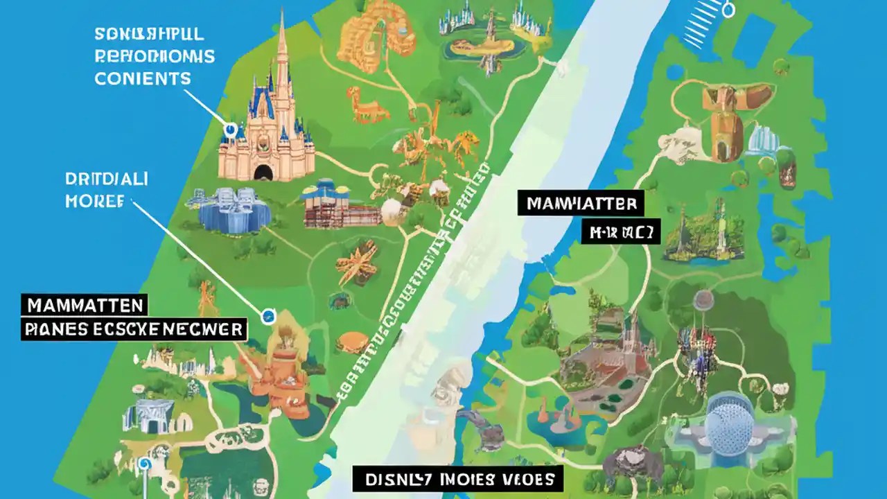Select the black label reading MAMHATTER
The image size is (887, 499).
581,204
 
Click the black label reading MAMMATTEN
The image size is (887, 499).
85,304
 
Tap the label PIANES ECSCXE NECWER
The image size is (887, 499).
134,328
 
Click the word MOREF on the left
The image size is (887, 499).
95,201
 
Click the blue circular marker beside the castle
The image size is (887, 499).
231,129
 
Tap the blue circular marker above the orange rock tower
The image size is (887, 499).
267,317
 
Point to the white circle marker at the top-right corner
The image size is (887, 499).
728,10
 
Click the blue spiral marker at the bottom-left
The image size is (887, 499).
144,464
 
